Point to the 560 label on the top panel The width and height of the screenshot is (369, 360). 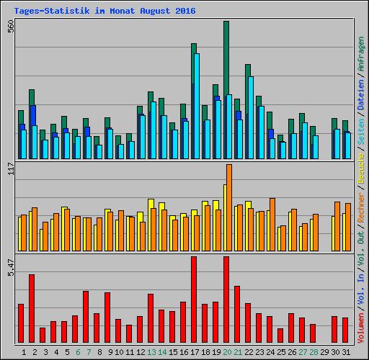pyautogui.click(x=10, y=26)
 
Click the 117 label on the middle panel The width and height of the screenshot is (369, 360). pyautogui.click(x=10, y=168)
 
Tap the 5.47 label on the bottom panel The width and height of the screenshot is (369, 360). pyautogui.click(x=10, y=267)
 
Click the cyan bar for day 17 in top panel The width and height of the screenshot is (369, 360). pyautogui.click(x=196, y=106)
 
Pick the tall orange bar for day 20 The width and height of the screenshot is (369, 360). pyautogui.click(x=229, y=207)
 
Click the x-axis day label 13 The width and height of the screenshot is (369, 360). pyautogui.click(x=151, y=352)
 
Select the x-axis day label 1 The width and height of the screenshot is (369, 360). pyautogui.click(x=25, y=352)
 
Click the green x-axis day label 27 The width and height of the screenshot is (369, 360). pyautogui.click(x=302, y=352)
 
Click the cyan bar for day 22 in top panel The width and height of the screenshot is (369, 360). pyautogui.click(x=250, y=117)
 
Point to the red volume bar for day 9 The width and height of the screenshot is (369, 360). pyautogui.click(x=107, y=318)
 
